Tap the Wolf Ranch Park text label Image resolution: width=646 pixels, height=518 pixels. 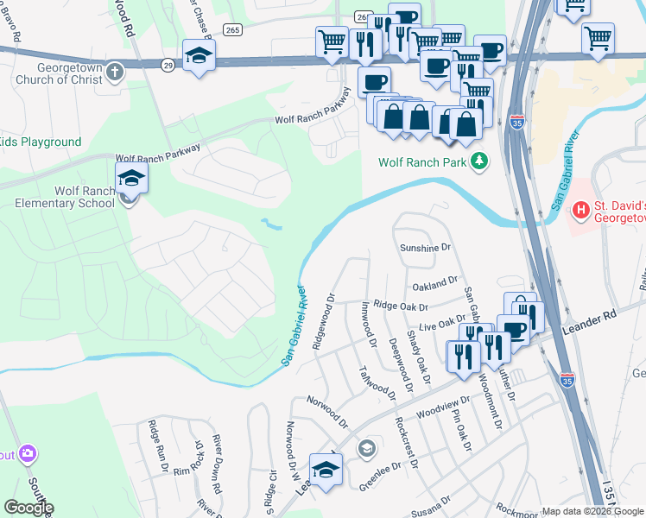(x=423, y=162)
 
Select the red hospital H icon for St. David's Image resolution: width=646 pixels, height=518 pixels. (x=582, y=208)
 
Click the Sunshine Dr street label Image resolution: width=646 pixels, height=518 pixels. (x=425, y=248)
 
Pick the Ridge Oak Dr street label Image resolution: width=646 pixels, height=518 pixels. (x=401, y=306)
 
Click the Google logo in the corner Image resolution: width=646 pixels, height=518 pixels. (x=28, y=508)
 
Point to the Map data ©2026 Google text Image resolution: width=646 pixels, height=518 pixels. (x=592, y=511)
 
